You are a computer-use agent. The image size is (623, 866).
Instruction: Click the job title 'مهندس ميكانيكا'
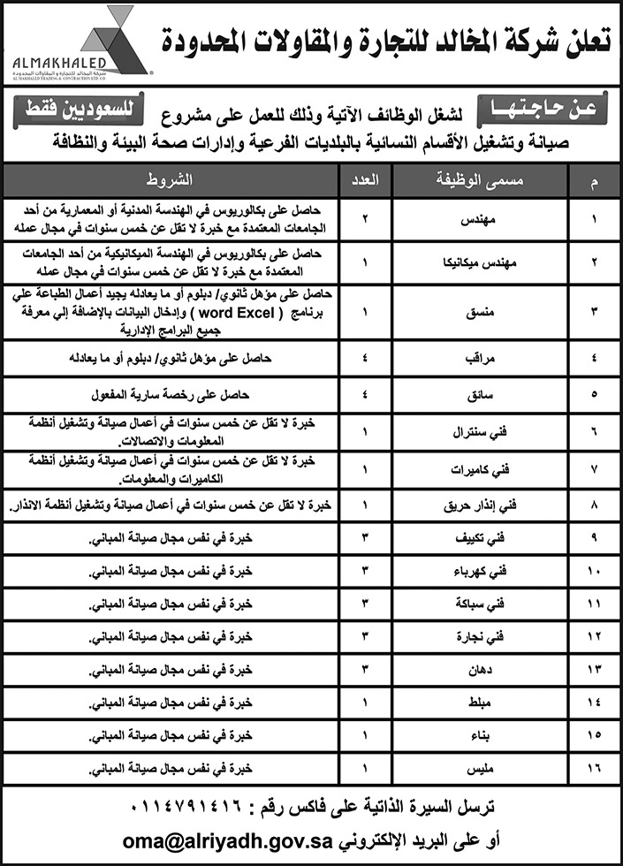pyautogui.click(x=482, y=262)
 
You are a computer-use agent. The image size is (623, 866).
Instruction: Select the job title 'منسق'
pyautogui.click(x=482, y=311)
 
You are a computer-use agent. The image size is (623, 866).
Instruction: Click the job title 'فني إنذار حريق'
pyautogui.click(x=482, y=506)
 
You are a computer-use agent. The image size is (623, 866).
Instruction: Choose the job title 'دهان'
pyautogui.click(x=482, y=670)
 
